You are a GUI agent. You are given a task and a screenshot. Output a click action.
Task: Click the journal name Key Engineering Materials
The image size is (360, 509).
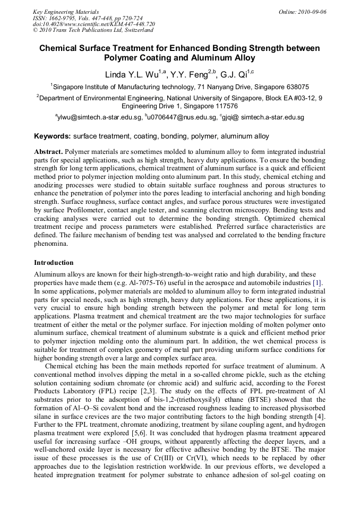(66, 12)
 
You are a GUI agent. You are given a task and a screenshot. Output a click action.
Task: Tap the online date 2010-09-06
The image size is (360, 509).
(312, 12)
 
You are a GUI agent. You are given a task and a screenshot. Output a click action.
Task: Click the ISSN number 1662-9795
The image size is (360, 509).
(63, 18)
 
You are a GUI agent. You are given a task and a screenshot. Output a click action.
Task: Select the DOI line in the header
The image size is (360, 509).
(93, 24)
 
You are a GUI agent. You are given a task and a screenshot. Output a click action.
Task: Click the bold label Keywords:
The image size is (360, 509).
(53, 136)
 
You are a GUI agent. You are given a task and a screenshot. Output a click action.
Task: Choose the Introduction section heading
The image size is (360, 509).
(54, 263)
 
